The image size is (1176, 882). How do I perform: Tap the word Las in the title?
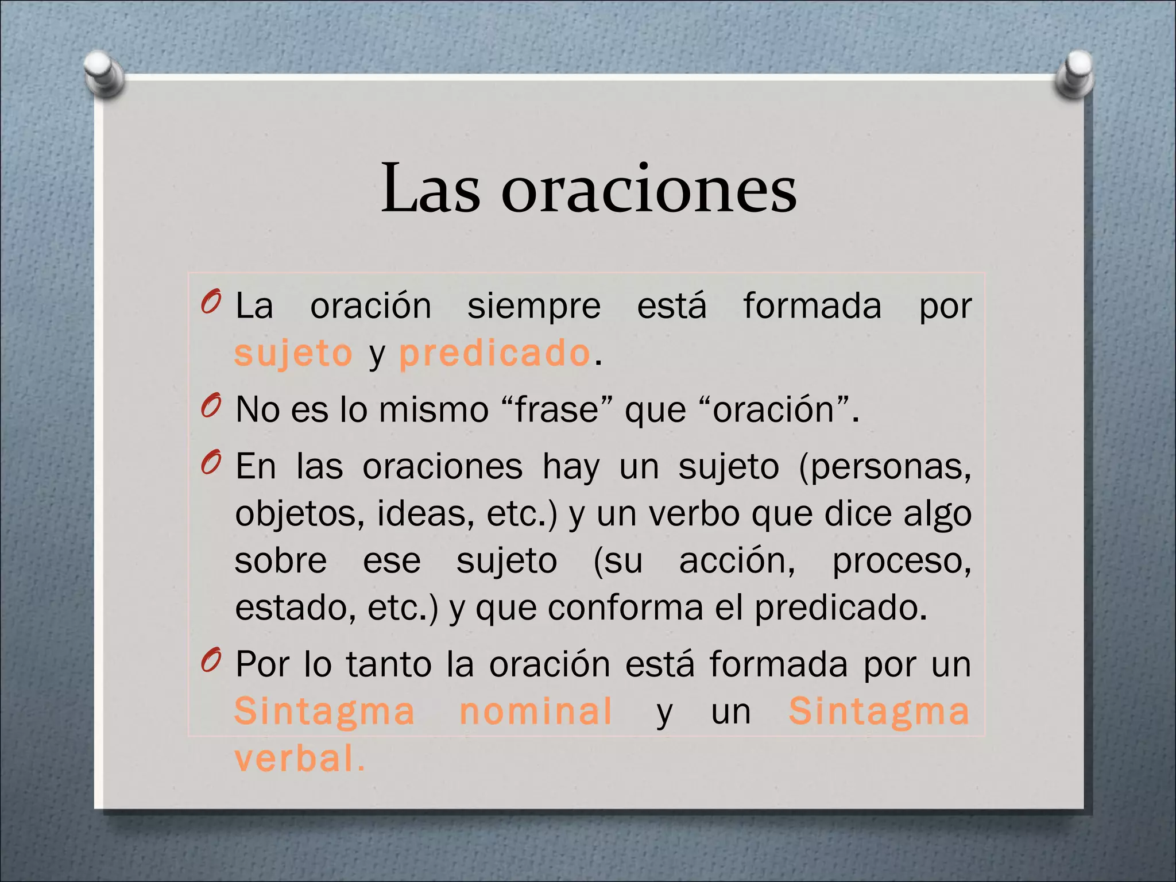pyautogui.click(x=431, y=189)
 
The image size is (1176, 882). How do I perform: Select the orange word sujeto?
pyautogui.click(x=293, y=354)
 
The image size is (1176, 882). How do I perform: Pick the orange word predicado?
pyautogui.click(x=494, y=353)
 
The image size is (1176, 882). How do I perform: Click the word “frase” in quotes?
pyautogui.click(x=558, y=410)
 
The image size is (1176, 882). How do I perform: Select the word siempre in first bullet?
pyautogui.click(x=533, y=306)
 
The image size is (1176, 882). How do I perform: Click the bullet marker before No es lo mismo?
pyautogui.click(x=211, y=406)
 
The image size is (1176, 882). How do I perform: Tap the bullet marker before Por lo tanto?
pyautogui.click(x=211, y=661)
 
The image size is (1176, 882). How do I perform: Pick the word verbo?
pyautogui.click(x=694, y=513)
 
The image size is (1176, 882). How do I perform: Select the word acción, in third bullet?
pyautogui.click(x=737, y=560)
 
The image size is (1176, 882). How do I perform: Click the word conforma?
pyautogui.click(x=625, y=608)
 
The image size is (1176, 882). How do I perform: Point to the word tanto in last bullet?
pyautogui.click(x=389, y=664)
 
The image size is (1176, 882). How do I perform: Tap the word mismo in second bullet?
pyautogui.click(x=434, y=410)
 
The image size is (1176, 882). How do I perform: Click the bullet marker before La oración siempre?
pyautogui.click(x=211, y=302)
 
